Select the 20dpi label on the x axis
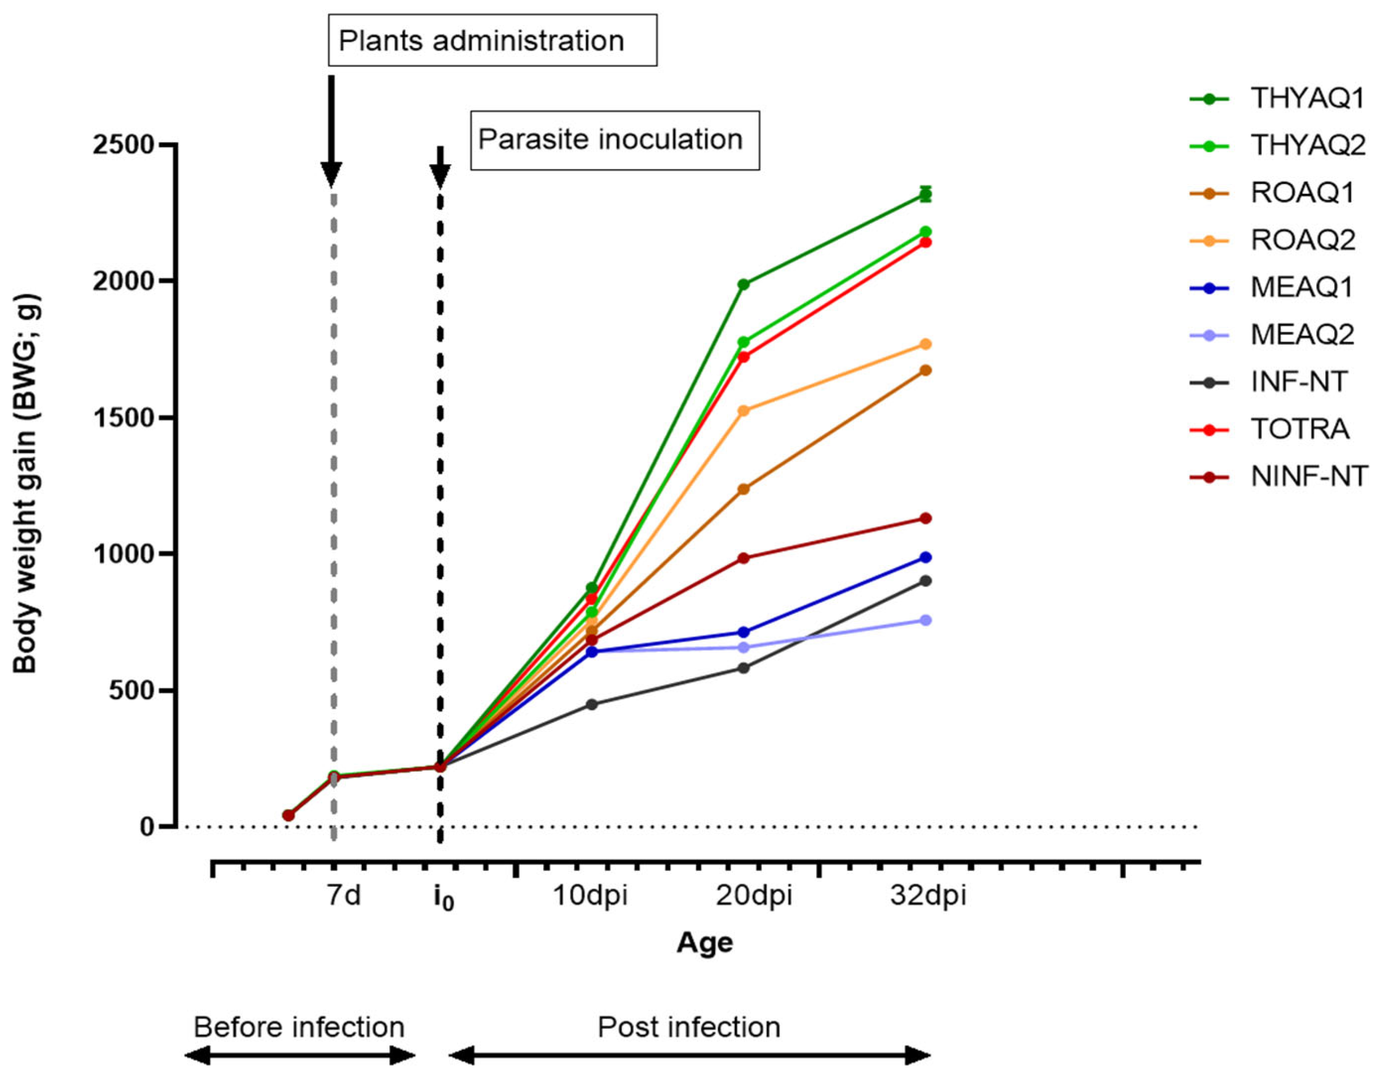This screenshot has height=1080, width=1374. tap(753, 896)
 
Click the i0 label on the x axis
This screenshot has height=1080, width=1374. tap(443, 898)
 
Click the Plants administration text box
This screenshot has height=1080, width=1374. tap(492, 41)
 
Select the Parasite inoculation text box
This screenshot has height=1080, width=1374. tap(614, 140)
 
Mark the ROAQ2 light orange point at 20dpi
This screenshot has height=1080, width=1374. tap(744, 411)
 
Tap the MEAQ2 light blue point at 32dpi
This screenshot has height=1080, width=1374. tap(925, 620)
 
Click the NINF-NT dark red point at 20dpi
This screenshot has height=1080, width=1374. tap(744, 558)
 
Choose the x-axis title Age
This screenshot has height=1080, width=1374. tap(705, 943)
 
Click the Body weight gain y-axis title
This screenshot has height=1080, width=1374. tap(27, 484)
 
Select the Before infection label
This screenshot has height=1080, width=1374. tap(299, 1027)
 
